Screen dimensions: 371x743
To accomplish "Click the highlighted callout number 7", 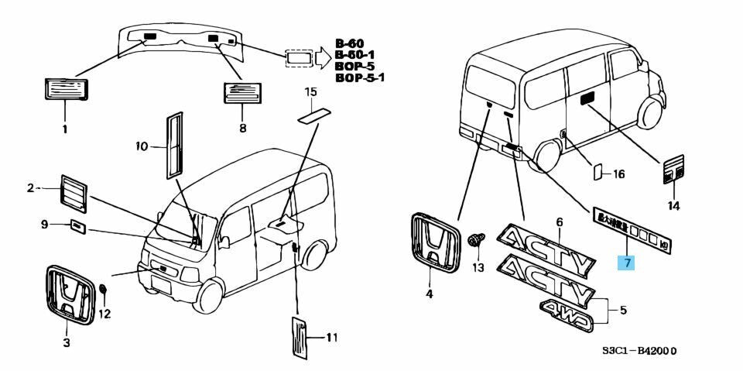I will click(627, 263).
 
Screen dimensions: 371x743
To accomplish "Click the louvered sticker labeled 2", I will click(74, 192).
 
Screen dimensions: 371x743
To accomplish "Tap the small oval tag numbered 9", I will click(77, 225).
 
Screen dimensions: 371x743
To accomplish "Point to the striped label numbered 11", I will click(301, 338).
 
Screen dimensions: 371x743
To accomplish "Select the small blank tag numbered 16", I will click(597, 172).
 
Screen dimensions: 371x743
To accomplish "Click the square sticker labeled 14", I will click(673, 170).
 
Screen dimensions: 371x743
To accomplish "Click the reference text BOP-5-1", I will click(360, 77).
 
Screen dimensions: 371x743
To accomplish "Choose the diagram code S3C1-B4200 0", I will click(640, 350).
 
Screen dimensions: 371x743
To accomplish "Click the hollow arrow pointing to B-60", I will click(323, 57).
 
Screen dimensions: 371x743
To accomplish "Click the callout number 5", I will click(623, 311).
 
